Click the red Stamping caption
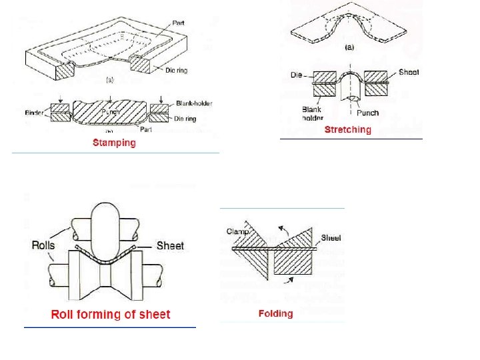coord(114,143)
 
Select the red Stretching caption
coord(347,129)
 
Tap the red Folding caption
coord(275,313)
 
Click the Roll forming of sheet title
coord(111,315)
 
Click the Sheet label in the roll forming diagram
coord(170,246)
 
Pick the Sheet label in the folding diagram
coord(331,237)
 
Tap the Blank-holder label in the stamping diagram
coord(192,103)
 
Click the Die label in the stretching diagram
coord(298,75)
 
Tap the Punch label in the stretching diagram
coord(367,113)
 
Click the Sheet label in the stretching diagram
coord(409,72)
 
